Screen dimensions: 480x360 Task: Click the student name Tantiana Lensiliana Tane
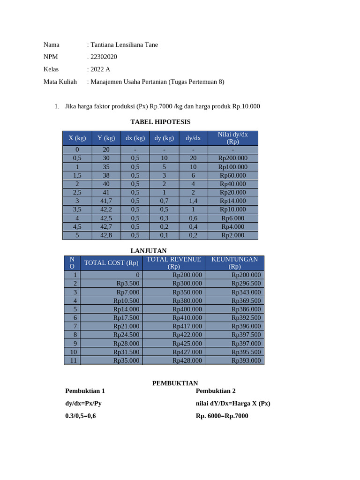[124, 45]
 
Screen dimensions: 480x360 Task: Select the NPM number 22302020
[104, 57]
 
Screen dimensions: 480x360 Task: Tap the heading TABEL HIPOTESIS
[160, 122]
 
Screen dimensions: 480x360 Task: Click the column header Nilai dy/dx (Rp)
[232, 138]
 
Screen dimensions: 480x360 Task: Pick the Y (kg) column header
[106, 138]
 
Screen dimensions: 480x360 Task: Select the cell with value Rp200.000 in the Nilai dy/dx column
[232, 158]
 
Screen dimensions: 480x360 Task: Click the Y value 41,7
[106, 201]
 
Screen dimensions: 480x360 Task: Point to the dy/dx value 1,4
[193, 201]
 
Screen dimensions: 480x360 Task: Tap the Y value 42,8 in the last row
[106, 235]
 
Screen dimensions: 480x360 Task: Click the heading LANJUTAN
[148, 251]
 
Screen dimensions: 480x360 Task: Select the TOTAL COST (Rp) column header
[111, 263]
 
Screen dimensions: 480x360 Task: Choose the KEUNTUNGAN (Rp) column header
[234, 263]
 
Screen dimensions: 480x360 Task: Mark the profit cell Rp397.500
[246, 335]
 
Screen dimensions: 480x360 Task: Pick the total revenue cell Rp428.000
[187, 360]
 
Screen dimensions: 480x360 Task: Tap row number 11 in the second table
[72, 360]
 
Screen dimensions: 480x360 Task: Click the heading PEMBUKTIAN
[175, 383]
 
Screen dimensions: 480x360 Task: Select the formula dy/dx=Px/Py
[83, 403]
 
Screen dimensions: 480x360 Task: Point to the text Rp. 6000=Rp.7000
[222, 416]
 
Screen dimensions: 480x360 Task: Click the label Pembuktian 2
[216, 391]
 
